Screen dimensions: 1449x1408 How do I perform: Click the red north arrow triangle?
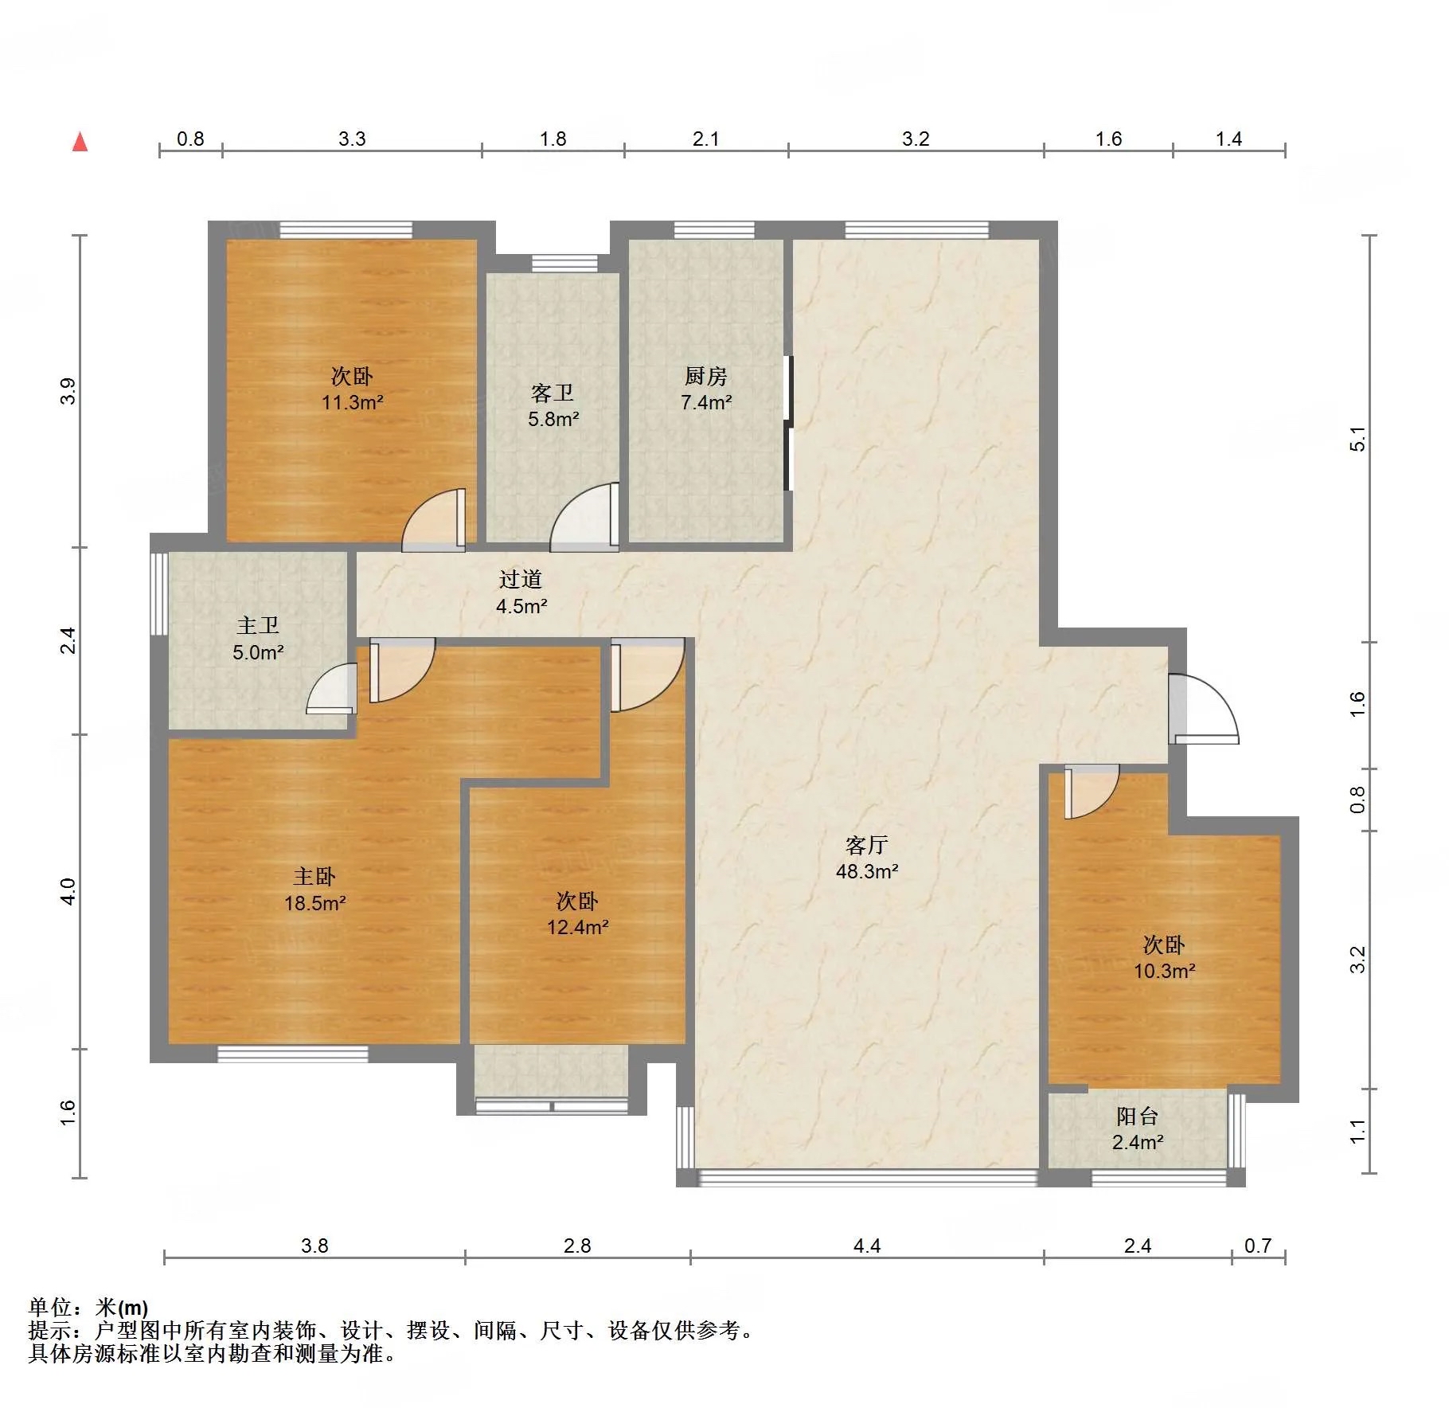pyautogui.click(x=80, y=142)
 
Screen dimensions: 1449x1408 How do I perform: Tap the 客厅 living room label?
pyautogui.click(x=866, y=844)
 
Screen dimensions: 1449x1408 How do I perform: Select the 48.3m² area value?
pyautogui.click(x=867, y=871)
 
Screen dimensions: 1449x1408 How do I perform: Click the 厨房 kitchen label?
pyautogui.click(x=705, y=376)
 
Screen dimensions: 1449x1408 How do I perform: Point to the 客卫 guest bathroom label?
pyautogui.click(x=553, y=393)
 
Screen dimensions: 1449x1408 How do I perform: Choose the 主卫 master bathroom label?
pyautogui.click(x=258, y=626)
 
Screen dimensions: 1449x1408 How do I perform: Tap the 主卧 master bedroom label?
pyautogui.click(x=314, y=877)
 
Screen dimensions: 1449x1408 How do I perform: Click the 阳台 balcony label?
pyautogui.click(x=1137, y=1116)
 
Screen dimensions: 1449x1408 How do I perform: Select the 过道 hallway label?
pyautogui.click(x=521, y=579)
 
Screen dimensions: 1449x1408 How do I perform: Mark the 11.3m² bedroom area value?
pyautogui.click(x=353, y=402)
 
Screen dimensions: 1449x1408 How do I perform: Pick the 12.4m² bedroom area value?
pyautogui.click(x=578, y=927)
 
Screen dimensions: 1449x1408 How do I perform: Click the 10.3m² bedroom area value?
pyautogui.click(x=1165, y=971)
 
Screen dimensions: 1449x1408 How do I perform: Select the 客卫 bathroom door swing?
pyautogui.click(x=584, y=517)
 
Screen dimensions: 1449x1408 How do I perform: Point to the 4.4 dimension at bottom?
pyautogui.click(x=866, y=1246)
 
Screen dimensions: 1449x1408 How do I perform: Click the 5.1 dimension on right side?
pyautogui.click(x=1357, y=439)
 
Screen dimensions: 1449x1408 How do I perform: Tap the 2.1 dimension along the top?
pyautogui.click(x=705, y=139)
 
